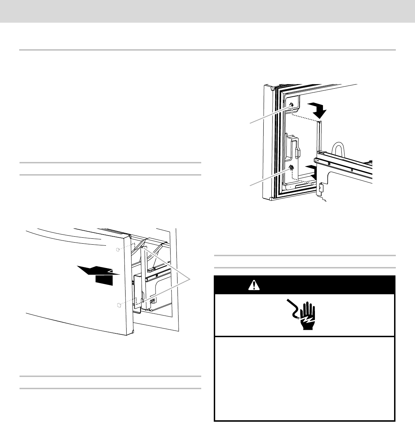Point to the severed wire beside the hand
(x=292, y=309)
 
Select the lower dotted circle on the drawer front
(x=119, y=305)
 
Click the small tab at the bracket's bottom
(x=320, y=189)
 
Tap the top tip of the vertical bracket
(x=319, y=122)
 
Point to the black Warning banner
(x=304, y=285)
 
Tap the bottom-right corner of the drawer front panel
(x=132, y=332)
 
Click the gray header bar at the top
(x=207, y=12)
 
